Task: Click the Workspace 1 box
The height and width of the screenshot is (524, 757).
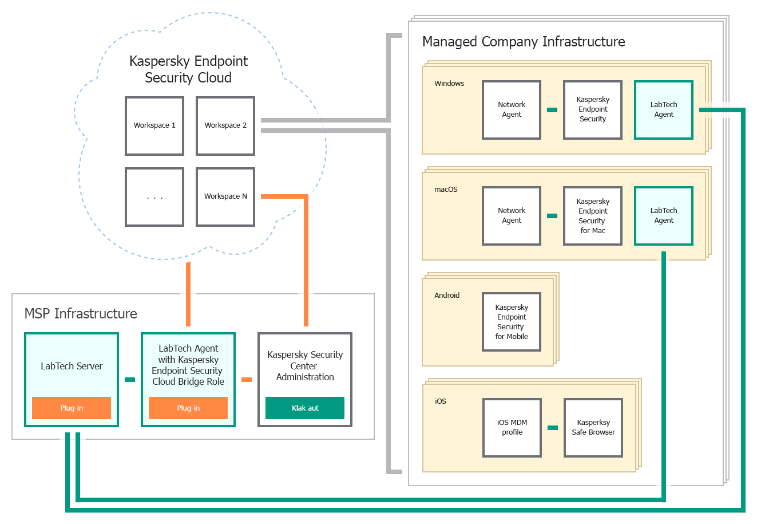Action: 154,126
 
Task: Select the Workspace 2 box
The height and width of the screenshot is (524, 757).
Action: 225,126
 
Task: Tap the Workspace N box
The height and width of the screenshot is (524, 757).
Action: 225,197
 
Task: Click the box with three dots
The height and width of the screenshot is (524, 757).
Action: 154,197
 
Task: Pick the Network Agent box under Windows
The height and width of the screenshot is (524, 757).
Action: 512,110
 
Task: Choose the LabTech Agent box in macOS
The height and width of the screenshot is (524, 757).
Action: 664,216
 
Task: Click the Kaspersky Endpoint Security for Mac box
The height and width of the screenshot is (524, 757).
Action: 593,216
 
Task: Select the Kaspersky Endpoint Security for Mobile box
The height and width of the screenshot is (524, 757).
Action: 512,322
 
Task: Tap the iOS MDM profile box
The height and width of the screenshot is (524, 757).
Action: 512,428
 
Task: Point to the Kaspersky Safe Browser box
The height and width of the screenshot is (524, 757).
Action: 593,428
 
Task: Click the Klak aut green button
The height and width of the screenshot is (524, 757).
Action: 305,408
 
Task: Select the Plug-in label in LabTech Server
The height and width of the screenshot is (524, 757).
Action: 72,408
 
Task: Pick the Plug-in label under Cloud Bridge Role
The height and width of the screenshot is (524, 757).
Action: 188,408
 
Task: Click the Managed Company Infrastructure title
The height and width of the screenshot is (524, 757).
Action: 524,42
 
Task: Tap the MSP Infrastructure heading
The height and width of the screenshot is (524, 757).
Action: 81,314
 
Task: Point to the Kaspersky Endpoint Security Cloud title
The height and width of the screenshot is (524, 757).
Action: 188,69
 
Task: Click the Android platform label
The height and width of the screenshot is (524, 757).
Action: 447,296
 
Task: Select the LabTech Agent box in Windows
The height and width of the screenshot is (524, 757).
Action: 664,110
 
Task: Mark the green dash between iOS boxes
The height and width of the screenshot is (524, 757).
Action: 553,428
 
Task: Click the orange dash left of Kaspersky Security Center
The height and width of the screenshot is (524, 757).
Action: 247,380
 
